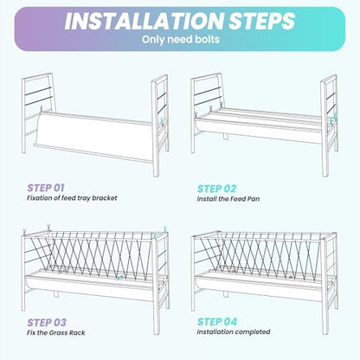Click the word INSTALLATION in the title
(x=145, y=21)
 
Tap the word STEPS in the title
(x=262, y=21)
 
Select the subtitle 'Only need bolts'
(x=181, y=39)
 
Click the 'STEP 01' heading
(x=46, y=188)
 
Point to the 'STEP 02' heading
(x=216, y=189)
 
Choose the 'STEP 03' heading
(x=47, y=322)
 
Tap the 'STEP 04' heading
(x=217, y=322)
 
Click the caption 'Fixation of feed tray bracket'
(x=72, y=198)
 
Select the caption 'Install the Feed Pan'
(x=228, y=199)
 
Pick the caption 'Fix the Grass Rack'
(x=56, y=332)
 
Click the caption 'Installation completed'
(x=234, y=331)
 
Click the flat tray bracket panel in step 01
(x=93, y=137)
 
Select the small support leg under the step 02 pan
(x=225, y=136)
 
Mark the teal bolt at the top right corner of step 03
(x=165, y=229)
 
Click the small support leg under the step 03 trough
(x=56, y=294)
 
